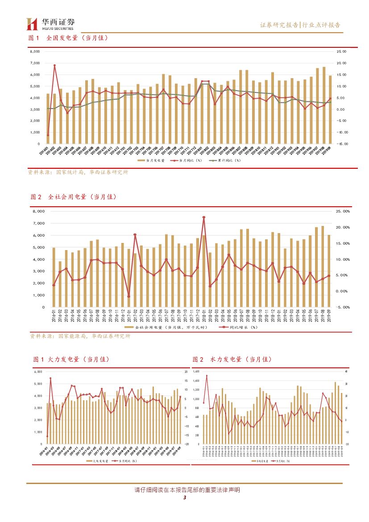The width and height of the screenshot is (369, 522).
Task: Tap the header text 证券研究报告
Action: (x=279, y=25)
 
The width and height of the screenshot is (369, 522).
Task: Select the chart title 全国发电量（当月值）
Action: (x=77, y=38)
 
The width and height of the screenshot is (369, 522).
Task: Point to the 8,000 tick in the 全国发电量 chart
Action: (x=34, y=51)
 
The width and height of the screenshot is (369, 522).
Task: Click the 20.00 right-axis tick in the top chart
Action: (x=341, y=63)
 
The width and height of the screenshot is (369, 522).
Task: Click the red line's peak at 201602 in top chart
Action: (x=54, y=65)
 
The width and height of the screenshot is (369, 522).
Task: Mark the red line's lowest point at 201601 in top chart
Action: (x=48, y=135)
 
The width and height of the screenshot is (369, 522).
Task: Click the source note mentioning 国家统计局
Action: (x=78, y=172)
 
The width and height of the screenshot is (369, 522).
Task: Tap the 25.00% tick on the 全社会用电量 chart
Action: (x=343, y=211)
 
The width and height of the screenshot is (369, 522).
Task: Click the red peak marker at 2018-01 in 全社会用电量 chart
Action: (x=204, y=217)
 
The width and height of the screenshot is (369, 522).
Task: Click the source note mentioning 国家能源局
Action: (x=80, y=336)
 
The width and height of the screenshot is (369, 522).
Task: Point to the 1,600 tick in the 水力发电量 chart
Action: (x=196, y=372)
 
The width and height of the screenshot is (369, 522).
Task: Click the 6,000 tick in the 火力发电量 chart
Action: (x=38, y=372)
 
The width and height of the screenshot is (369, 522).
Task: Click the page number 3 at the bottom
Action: (x=184, y=499)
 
